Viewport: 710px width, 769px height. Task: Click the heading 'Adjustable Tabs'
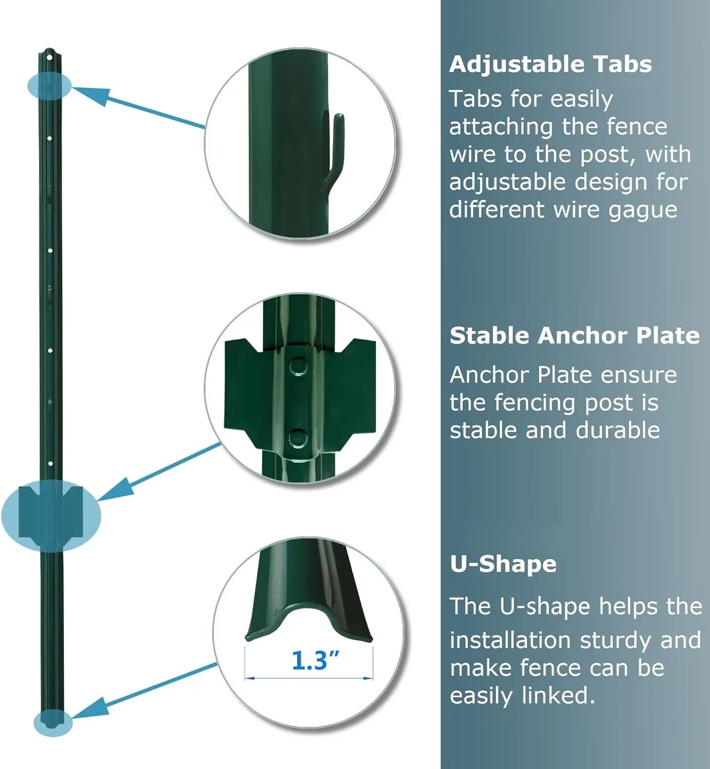click(x=550, y=65)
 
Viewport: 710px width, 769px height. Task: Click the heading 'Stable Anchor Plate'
click(x=574, y=336)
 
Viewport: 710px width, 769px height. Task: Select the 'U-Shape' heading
click(x=503, y=564)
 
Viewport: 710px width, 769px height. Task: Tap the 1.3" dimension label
click(x=315, y=660)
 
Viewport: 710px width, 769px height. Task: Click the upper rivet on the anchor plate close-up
click(x=298, y=367)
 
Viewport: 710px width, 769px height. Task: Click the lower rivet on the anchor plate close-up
click(x=297, y=438)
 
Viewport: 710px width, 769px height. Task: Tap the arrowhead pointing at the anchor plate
click(x=117, y=490)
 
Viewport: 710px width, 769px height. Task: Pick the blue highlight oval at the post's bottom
click(x=52, y=722)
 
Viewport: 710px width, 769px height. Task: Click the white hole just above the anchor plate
click(x=50, y=464)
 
